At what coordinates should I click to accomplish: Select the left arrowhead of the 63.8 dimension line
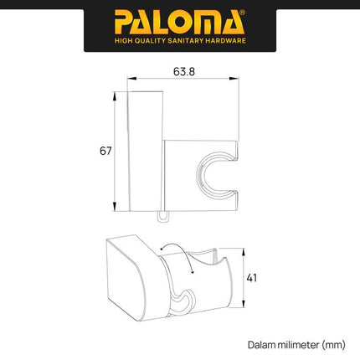(x=130, y=83)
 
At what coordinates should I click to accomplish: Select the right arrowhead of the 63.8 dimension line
(x=238, y=83)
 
